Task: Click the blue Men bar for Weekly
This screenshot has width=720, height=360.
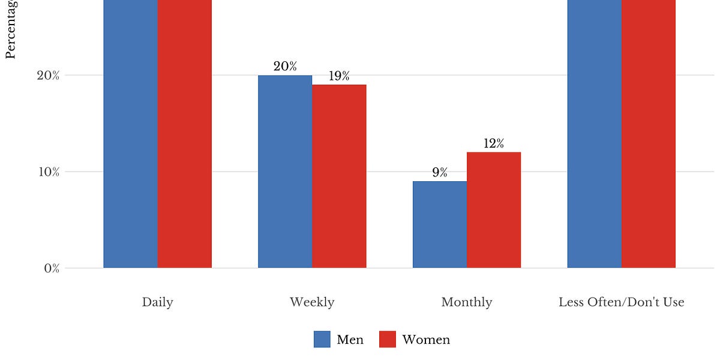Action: coord(285,172)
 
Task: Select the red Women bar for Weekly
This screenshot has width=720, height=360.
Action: coord(339,176)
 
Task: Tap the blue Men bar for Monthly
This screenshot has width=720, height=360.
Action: coord(440,224)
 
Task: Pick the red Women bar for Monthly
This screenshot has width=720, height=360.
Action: coord(494,210)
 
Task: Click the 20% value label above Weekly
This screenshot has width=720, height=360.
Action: coord(285,67)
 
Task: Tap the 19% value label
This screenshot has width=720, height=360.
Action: coord(339,76)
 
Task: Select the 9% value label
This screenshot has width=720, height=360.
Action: coord(440,173)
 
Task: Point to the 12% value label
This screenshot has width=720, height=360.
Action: coord(494,143)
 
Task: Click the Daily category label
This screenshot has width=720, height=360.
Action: coord(158,302)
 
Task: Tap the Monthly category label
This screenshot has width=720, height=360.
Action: coord(467,302)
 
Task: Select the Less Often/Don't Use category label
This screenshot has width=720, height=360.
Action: coord(622,302)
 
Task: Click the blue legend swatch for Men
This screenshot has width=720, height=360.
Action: coord(322,340)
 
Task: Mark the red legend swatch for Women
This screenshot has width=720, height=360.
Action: coord(388,340)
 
